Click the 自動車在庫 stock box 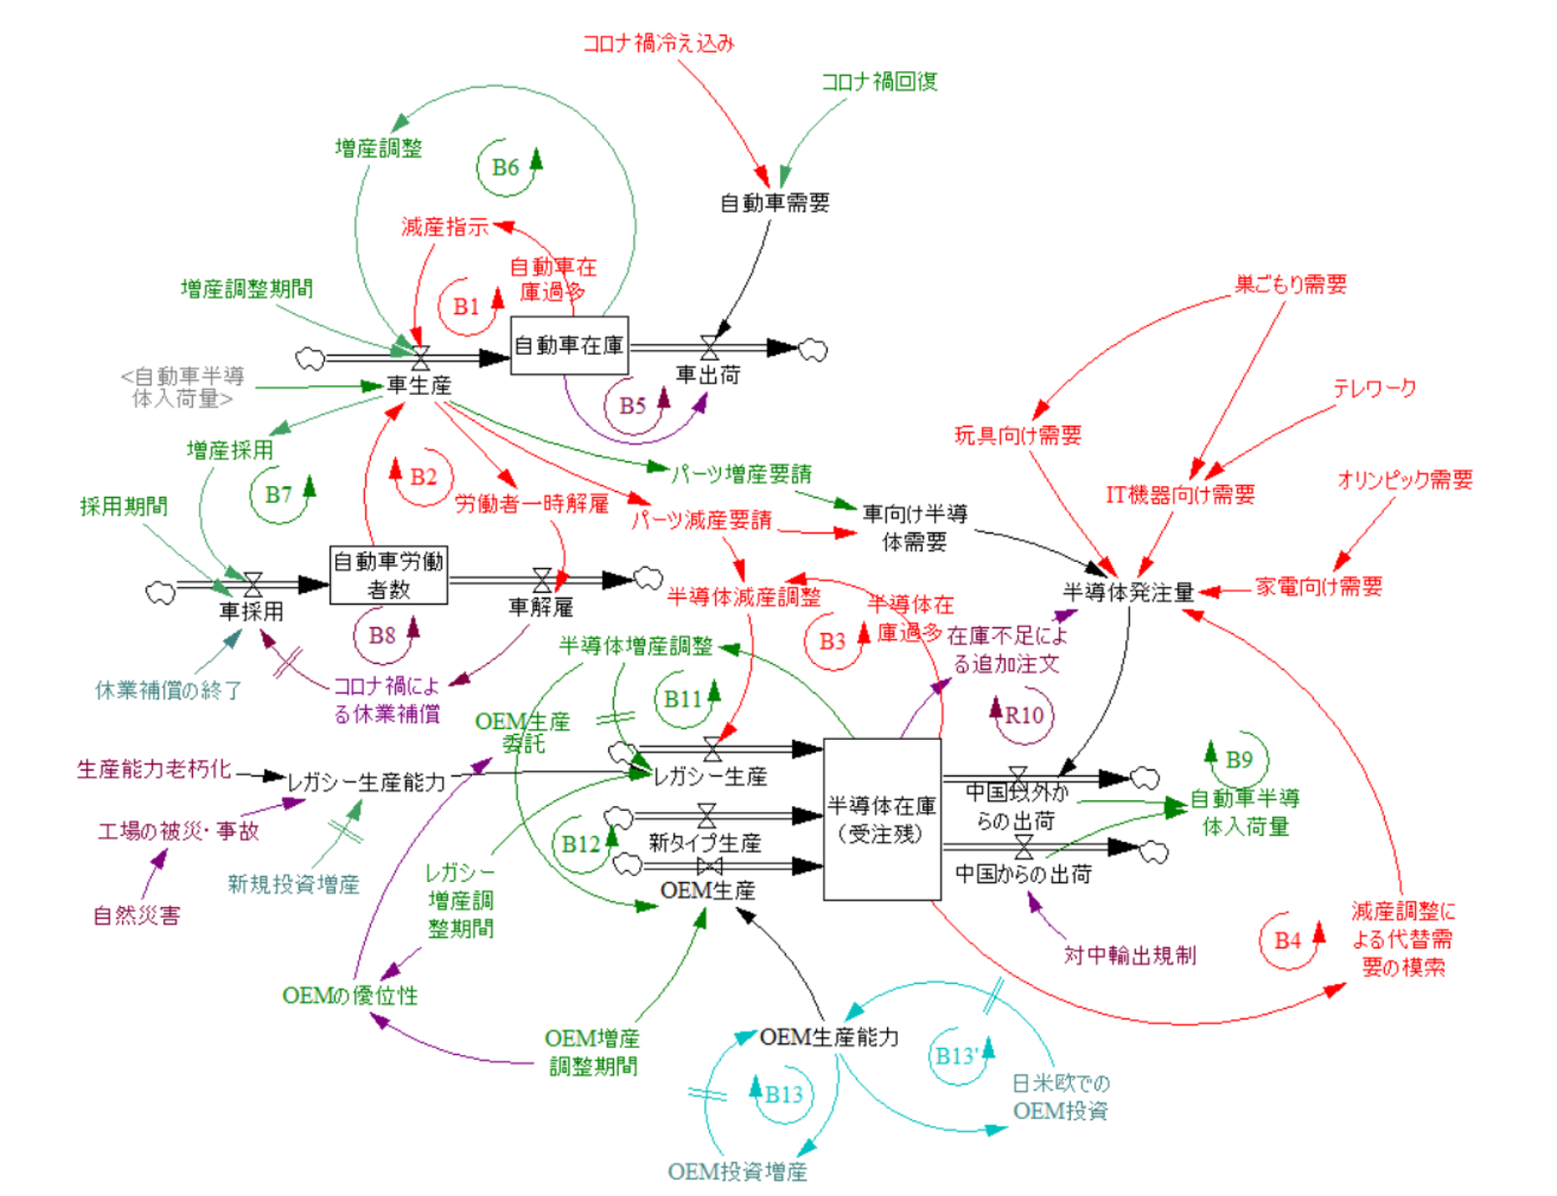click(x=569, y=345)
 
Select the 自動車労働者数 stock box click(x=388, y=575)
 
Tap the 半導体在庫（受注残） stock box click(x=882, y=818)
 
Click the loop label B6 click(x=505, y=168)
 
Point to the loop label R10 click(x=1024, y=715)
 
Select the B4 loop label click(x=1287, y=941)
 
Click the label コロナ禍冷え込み click(x=658, y=43)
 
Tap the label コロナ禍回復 click(x=880, y=82)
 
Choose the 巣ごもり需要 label click(x=1291, y=285)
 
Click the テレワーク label click(x=1374, y=388)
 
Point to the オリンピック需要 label click(x=1405, y=480)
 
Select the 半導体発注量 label click(x=1128, y=592)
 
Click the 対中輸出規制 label click(x=1129, y=955)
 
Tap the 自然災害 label click(x=136, y=915)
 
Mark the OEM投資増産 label click(x=738, y=1172)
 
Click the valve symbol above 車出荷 click(x=710, y=347)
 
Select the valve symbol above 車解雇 click(x=542, y=579)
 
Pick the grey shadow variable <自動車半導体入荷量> click(x=183, y=388)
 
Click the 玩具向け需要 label click(x=1018, y=435)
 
